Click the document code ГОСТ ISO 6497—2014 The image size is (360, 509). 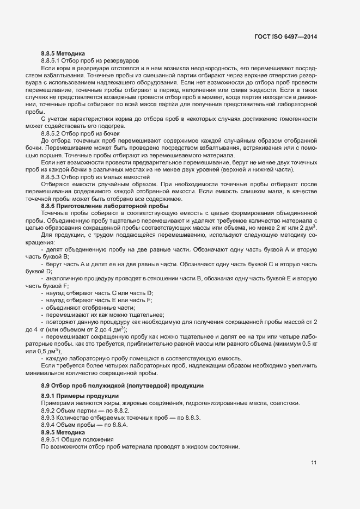click(285, 36)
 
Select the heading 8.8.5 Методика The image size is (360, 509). click(63, 53)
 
